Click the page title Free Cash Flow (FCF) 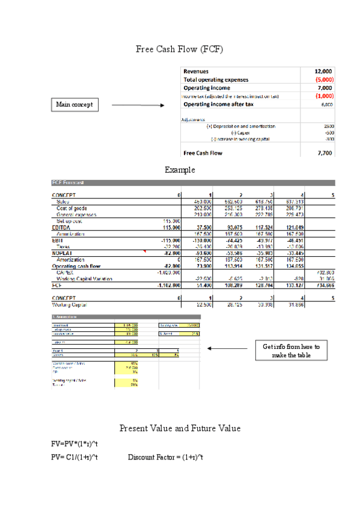coord(180,49)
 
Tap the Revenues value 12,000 coord(323,71)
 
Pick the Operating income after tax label coord(218,104)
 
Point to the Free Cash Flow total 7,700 coord(323,153)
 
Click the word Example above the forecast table coord(180,170)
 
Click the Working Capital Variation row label coord(82,278)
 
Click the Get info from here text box coord(291,351)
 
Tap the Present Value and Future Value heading coord(180,428)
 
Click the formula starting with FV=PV coord(75,444)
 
